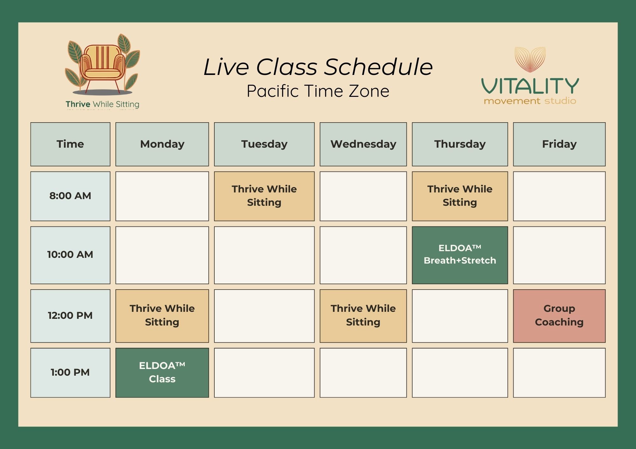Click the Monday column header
point(162,144)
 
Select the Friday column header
point(559,144)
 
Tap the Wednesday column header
point(363,144)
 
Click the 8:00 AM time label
point(70,196)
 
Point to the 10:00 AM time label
point(70,255)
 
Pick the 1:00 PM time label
point(70,372)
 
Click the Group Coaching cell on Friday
point(559,316)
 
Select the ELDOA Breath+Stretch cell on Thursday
point(460,255)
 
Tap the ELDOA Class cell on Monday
point(162,372)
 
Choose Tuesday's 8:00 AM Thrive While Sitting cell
point(264,196)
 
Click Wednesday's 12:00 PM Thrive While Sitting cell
point(363,316)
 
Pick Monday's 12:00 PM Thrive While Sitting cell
point(162,316)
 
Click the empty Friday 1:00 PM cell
point(559,372)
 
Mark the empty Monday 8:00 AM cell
point(162,196)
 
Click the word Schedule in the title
point(378,67)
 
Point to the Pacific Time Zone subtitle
point(318,91)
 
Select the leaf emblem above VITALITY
point(530,59)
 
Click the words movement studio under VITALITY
point(530,101)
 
